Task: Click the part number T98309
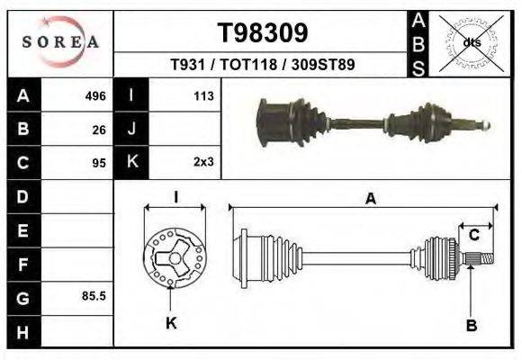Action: point(264,32)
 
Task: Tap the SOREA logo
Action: point(60,41)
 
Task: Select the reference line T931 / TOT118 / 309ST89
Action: point(263,65)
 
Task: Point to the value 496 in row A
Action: point(95,95)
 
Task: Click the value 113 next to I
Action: point(202,95)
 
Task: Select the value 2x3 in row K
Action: point(202,163)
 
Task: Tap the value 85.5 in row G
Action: point(94,296)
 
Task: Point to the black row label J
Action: point(131,129)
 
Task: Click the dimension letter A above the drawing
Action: point(370,199)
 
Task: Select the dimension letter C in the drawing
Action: point(474,235)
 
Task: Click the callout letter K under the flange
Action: point(171,323)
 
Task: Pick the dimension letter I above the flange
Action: point(176,198)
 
